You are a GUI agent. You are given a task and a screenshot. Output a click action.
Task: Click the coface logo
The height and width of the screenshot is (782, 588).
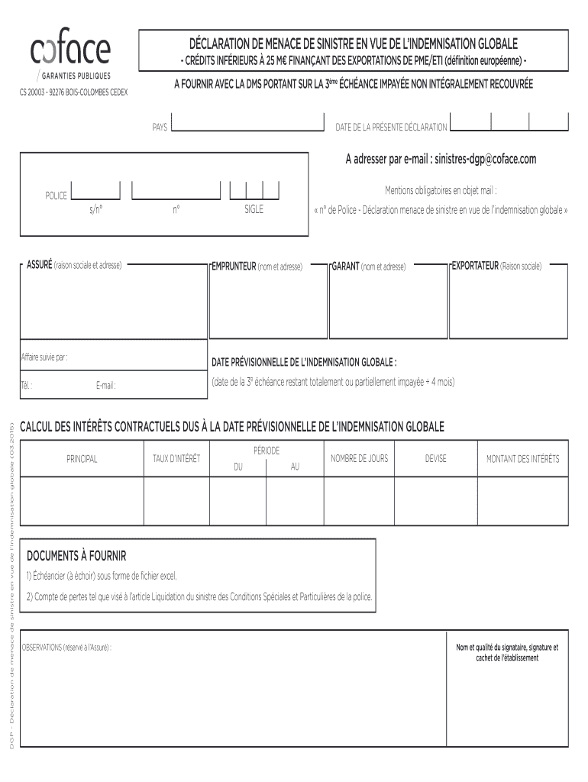click(x=70, y=50)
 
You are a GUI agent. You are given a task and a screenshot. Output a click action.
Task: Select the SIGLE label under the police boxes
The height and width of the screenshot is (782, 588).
click(x=254, y=209)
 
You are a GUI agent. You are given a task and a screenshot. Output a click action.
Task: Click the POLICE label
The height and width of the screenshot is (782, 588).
click(x=56, y=196)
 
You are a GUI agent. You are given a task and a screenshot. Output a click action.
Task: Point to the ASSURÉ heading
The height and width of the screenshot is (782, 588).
click(x=40, y=265)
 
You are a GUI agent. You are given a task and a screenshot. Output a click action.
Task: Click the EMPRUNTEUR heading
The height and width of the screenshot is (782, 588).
click(x=234, y=266)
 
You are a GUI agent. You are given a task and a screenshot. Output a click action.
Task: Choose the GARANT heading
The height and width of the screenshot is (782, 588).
click(x=345, y=266)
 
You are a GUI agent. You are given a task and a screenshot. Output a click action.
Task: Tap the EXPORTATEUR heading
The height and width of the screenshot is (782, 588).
click(x=474, y=266)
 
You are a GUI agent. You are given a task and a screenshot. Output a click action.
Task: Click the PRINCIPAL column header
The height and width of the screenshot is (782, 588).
click(x=82, y=459)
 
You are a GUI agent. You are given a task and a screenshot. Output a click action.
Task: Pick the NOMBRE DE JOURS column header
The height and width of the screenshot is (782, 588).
click(x=359, y=458)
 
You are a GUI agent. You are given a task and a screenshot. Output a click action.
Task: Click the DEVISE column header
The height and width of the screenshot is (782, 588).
click(x=436, y=458)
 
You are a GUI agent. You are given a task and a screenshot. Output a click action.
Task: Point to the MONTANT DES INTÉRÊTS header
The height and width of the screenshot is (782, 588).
click(x=522, y=459)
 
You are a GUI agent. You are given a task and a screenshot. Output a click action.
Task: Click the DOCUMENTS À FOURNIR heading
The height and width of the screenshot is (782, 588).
click(x=76, y=554)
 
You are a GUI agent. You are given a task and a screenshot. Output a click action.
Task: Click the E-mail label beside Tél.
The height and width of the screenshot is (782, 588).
click(x=105, y=386)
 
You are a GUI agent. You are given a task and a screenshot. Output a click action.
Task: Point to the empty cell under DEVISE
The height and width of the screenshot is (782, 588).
click(x=436, y=502)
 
